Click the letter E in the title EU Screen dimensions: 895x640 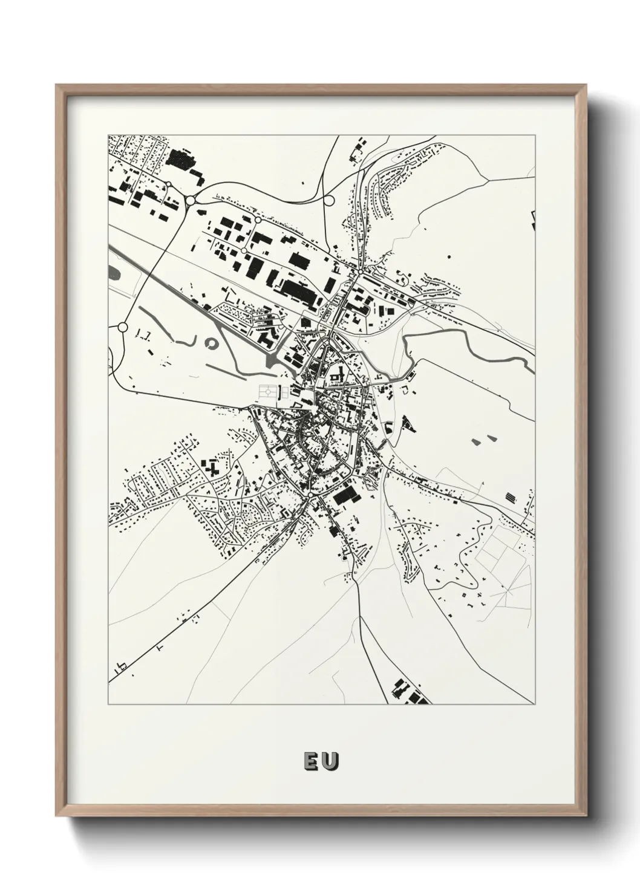click(309, 761)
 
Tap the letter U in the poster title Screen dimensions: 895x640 click(330, 761)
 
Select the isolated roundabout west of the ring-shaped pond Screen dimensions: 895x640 click(123, 327)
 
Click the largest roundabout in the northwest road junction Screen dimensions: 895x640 click(190, 200)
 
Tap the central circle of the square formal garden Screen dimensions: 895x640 click(267, 392)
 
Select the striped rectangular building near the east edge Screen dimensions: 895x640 click(512, 497)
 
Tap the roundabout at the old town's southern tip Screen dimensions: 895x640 click(310, 495)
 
